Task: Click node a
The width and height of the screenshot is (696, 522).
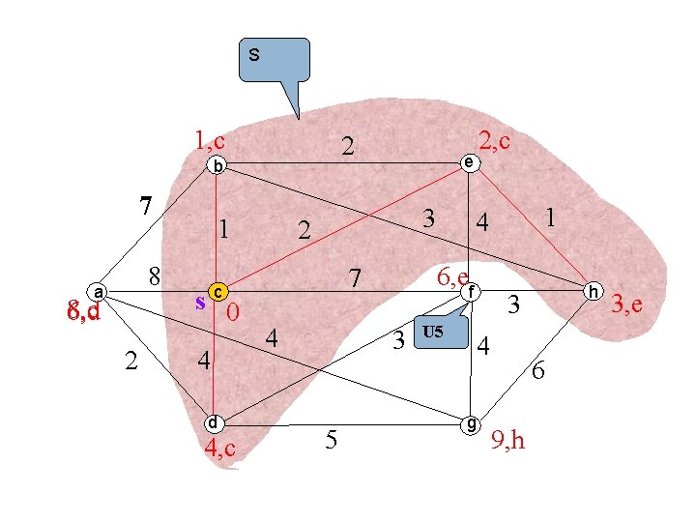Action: click(98, 290)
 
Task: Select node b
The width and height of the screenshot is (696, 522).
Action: click(217, 165)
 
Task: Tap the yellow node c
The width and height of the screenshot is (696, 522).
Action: click(219, 291)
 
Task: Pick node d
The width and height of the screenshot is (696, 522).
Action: click(214, 422)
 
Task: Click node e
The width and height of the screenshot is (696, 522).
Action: click(468, 162)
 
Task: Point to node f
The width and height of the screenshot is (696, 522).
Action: click(470, 291)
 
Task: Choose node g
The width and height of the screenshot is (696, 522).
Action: click(470, 423)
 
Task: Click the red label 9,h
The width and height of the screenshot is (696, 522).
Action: click(509, 440)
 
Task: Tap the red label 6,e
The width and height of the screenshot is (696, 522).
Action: click(452, 277)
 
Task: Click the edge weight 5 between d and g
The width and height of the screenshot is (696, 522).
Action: click(332, 442)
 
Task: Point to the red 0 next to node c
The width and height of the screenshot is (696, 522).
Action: click(232, 314)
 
